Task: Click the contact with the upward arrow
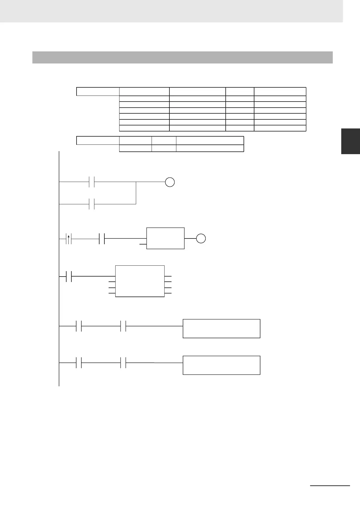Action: tap(69, 238)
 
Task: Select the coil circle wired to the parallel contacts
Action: tap(170, 182)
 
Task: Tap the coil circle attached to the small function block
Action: tap(201, 238)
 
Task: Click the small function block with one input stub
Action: tap(165, 238)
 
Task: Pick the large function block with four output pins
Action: tap(140, 281)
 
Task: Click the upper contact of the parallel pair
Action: tap(92, 182)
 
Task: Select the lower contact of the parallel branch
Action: tap(92, 204)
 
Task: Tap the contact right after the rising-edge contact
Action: tap(102, 238)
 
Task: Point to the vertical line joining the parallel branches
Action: tap(136, 193)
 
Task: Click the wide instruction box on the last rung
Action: tap(221, 365)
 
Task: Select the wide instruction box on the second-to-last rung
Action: tap(221, 328)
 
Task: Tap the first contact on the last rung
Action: tap(79, 363)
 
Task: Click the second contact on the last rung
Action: tap(123, 363)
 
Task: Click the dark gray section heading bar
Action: tap(182, 57)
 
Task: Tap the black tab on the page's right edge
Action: tap(350, 141)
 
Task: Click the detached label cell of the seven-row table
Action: tap(98, 91)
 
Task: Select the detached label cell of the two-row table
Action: tap(98, 141)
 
